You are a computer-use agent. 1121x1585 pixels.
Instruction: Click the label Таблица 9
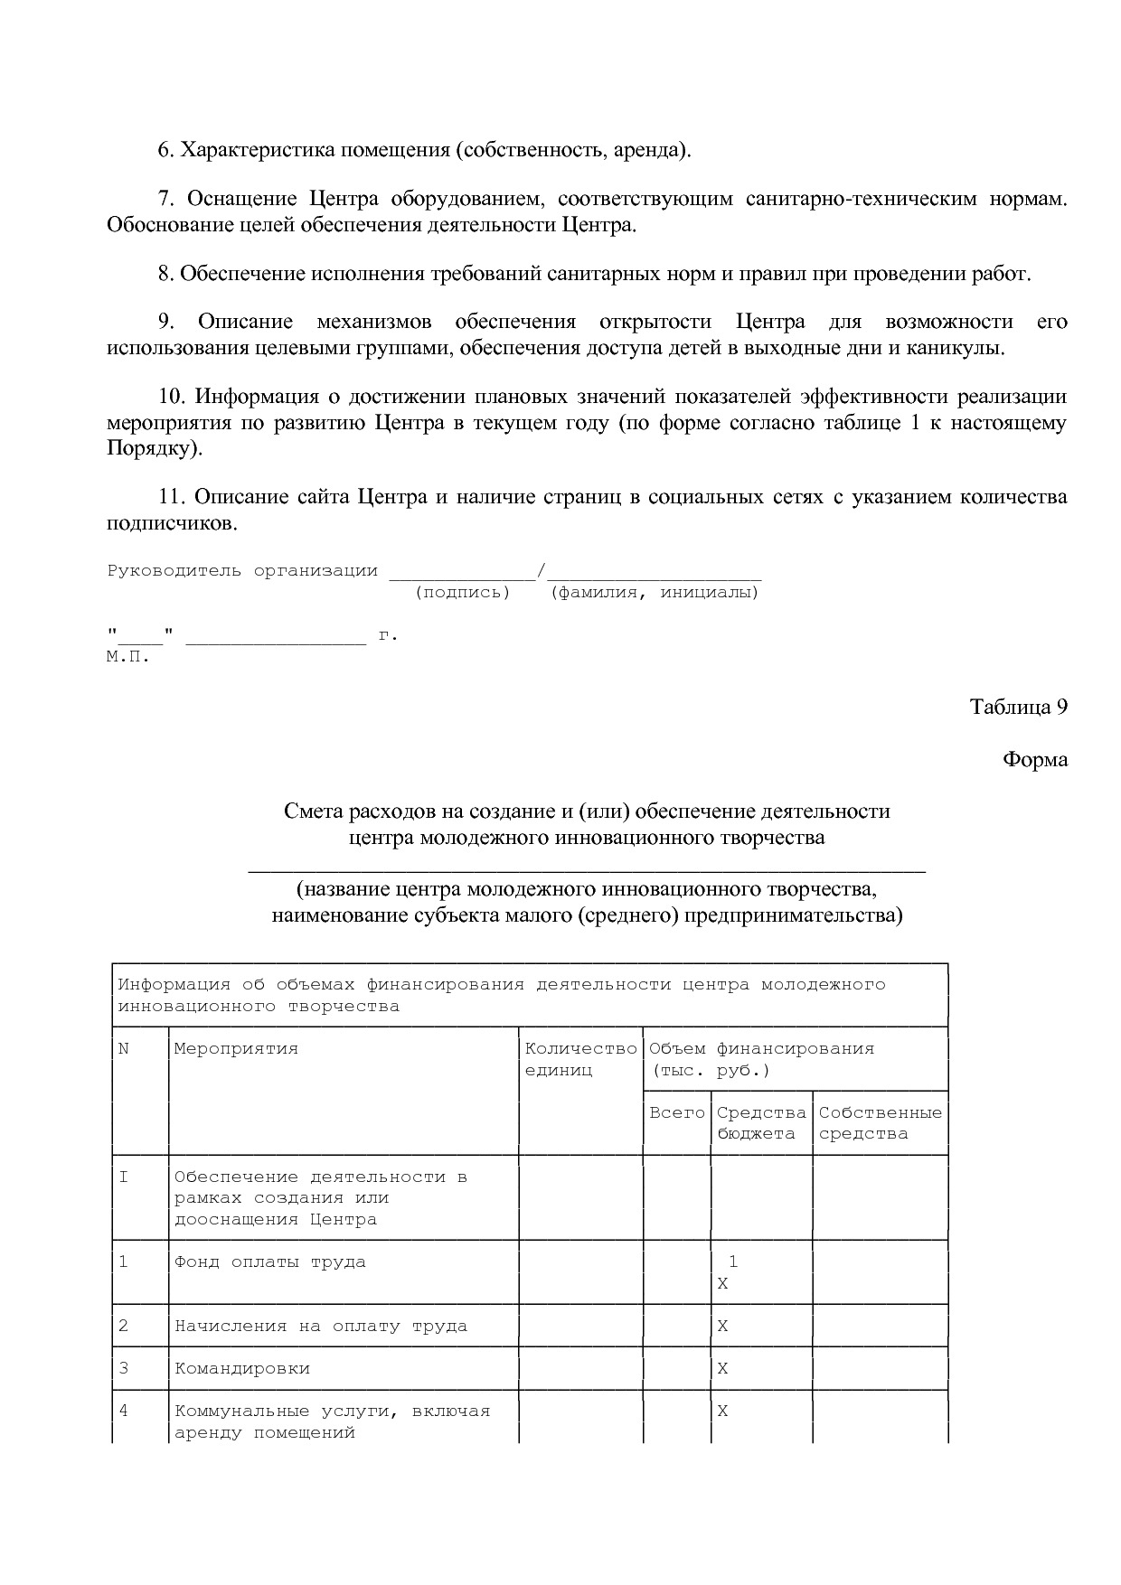point(1018,707)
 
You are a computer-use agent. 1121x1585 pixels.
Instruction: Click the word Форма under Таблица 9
point(1034,759)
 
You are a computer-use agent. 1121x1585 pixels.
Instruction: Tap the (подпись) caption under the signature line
point(462,593)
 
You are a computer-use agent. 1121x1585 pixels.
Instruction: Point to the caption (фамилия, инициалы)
point(655,593)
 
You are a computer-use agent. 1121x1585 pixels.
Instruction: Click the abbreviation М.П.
point(127,657)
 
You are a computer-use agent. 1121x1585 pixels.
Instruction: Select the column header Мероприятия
point(236,1048)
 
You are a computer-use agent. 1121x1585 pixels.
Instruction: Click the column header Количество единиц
point(580,1059)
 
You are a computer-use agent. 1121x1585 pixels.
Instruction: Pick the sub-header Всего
point(676,1112)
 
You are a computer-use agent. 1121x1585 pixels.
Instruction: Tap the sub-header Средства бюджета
point(761,1123)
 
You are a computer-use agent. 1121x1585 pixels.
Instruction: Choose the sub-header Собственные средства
point(880,1123)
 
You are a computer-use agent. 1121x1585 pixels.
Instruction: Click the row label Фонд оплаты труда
point(269,1261)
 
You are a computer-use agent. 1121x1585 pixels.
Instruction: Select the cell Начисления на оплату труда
point(320,1326)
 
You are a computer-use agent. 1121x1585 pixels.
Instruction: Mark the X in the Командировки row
point(722,1368)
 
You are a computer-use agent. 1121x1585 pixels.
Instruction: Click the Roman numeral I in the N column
point(124,1177)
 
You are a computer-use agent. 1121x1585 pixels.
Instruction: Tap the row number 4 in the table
point(124,1411)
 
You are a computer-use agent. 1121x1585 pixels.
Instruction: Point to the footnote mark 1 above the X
point(733,1261)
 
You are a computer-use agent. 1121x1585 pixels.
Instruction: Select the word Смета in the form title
point(310,811)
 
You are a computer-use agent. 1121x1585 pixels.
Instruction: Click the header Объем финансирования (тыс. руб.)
point(761,1059)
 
